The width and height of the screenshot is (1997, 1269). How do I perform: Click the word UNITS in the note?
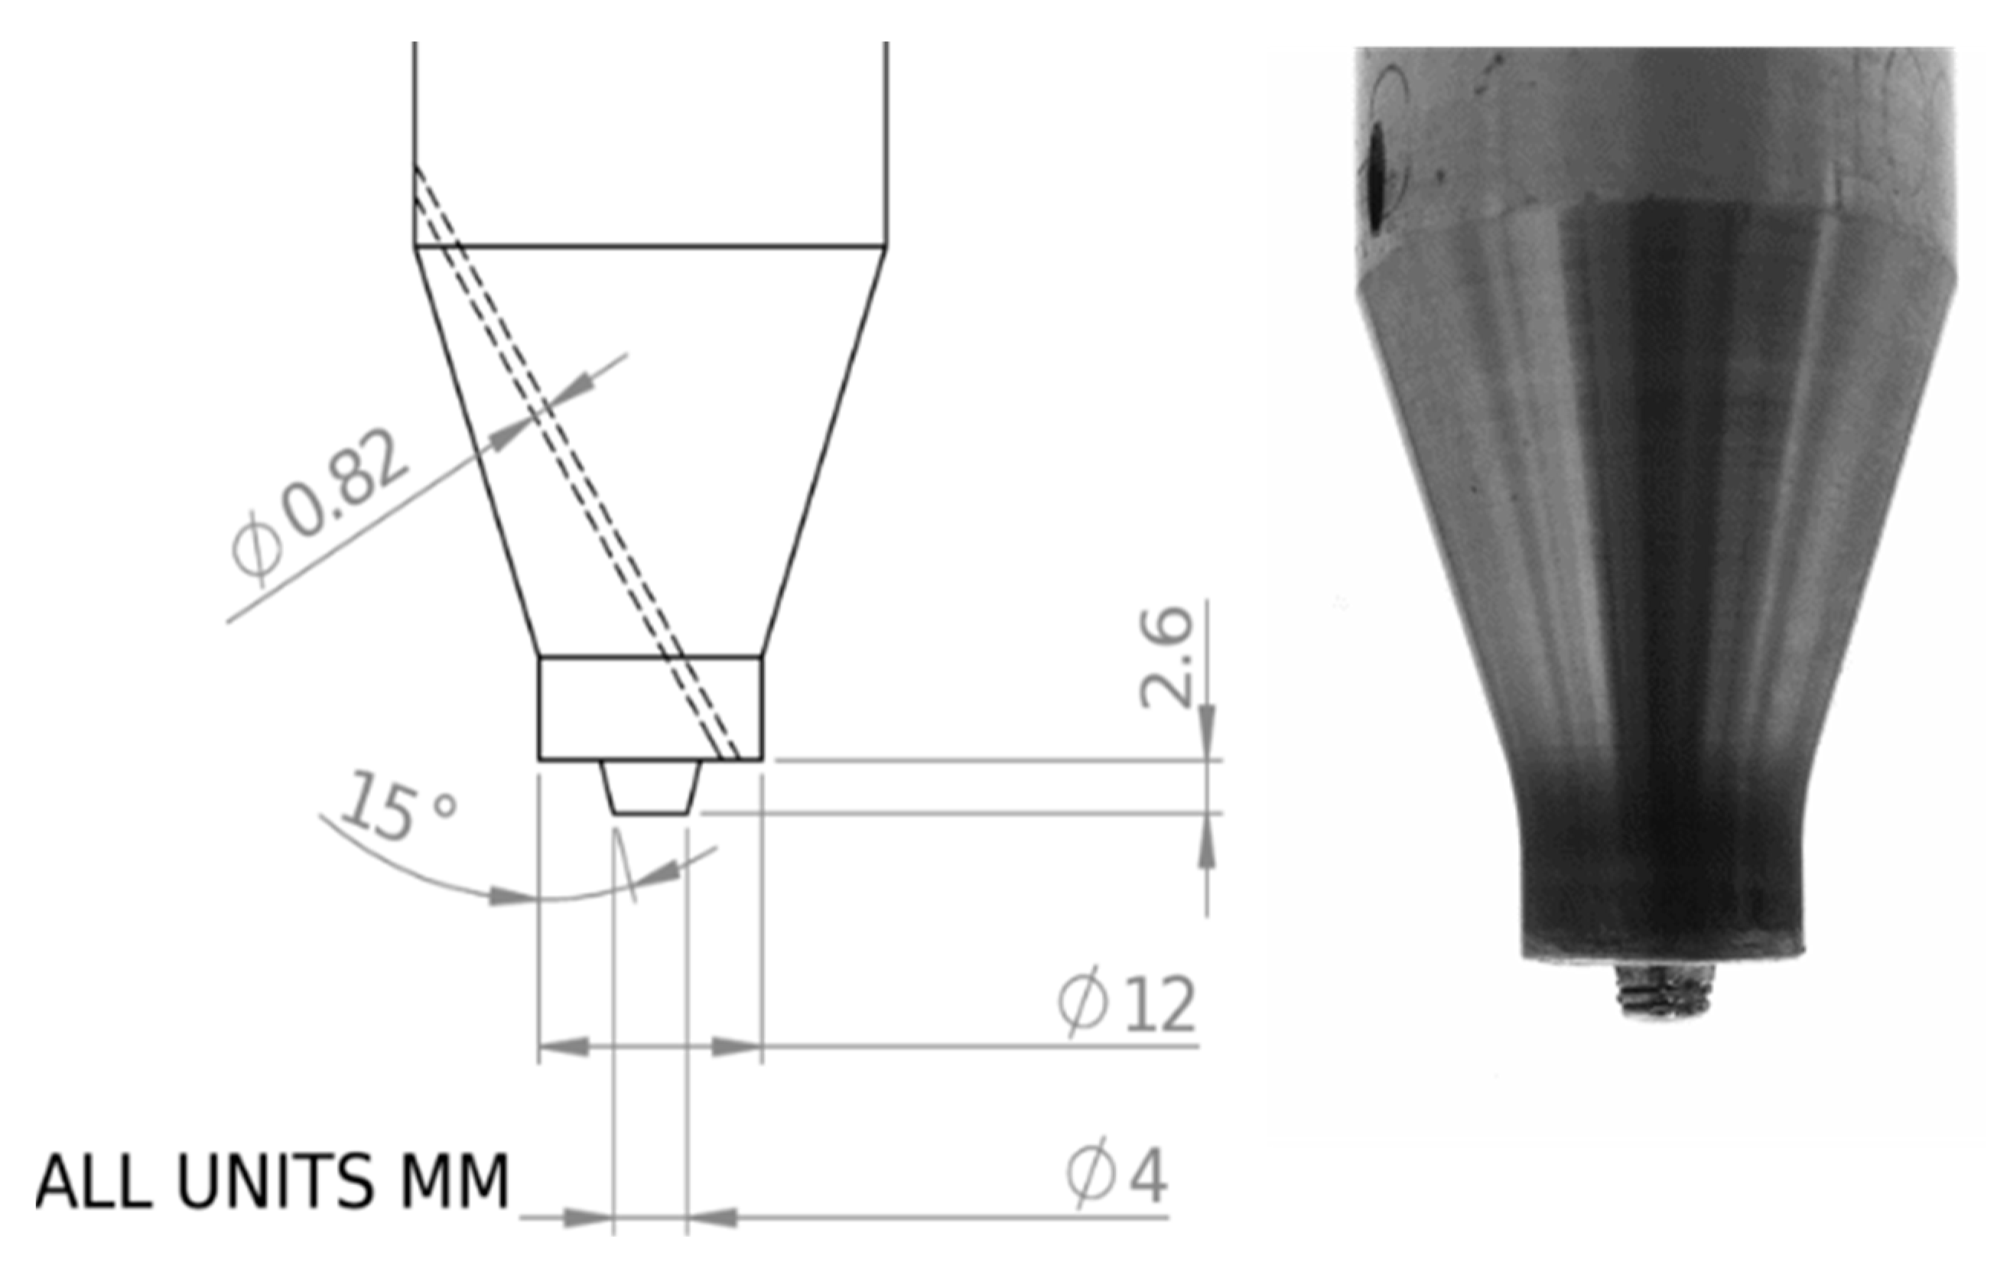[274, 1181]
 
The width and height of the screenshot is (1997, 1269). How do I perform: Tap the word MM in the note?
[454, 1181]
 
